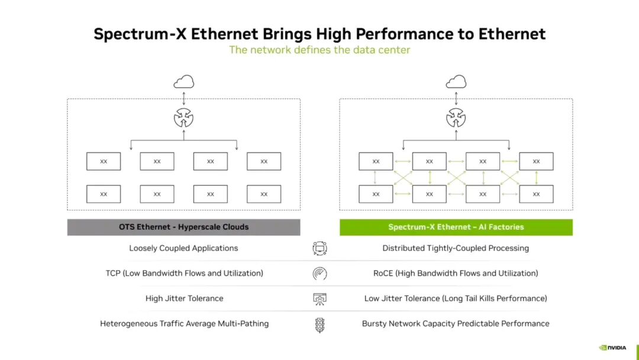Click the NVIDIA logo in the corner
coord(612,348)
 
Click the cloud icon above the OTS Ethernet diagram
coord(184,82)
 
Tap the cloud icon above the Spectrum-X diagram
coord(456,82)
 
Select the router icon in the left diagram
coord(184,118)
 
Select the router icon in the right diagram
coord(456,118)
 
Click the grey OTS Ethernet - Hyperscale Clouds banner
coord(184,227)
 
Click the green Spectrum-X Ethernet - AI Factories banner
coord(456,227)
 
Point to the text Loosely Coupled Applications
coord(183,248)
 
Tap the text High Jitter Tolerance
coord(184,298)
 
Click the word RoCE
coord(383,273)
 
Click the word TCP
coord(113,273)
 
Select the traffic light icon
coord(320,325)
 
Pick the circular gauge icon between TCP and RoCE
coord(320,274)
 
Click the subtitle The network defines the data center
coord(319,50)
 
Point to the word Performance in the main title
coord(405,34)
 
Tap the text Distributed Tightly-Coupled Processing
coord(456,248)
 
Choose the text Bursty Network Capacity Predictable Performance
coord(456,324)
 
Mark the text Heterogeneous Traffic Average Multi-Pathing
coord(184,324)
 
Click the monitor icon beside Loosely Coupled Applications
coord(320,248)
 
